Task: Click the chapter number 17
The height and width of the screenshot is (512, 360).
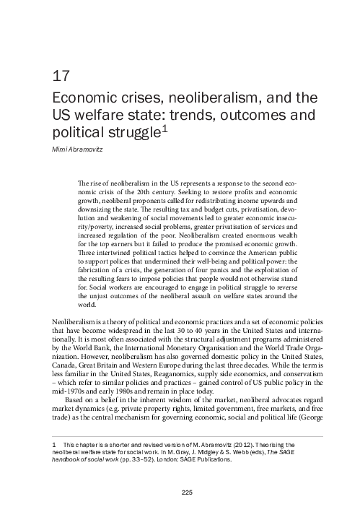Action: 61,76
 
